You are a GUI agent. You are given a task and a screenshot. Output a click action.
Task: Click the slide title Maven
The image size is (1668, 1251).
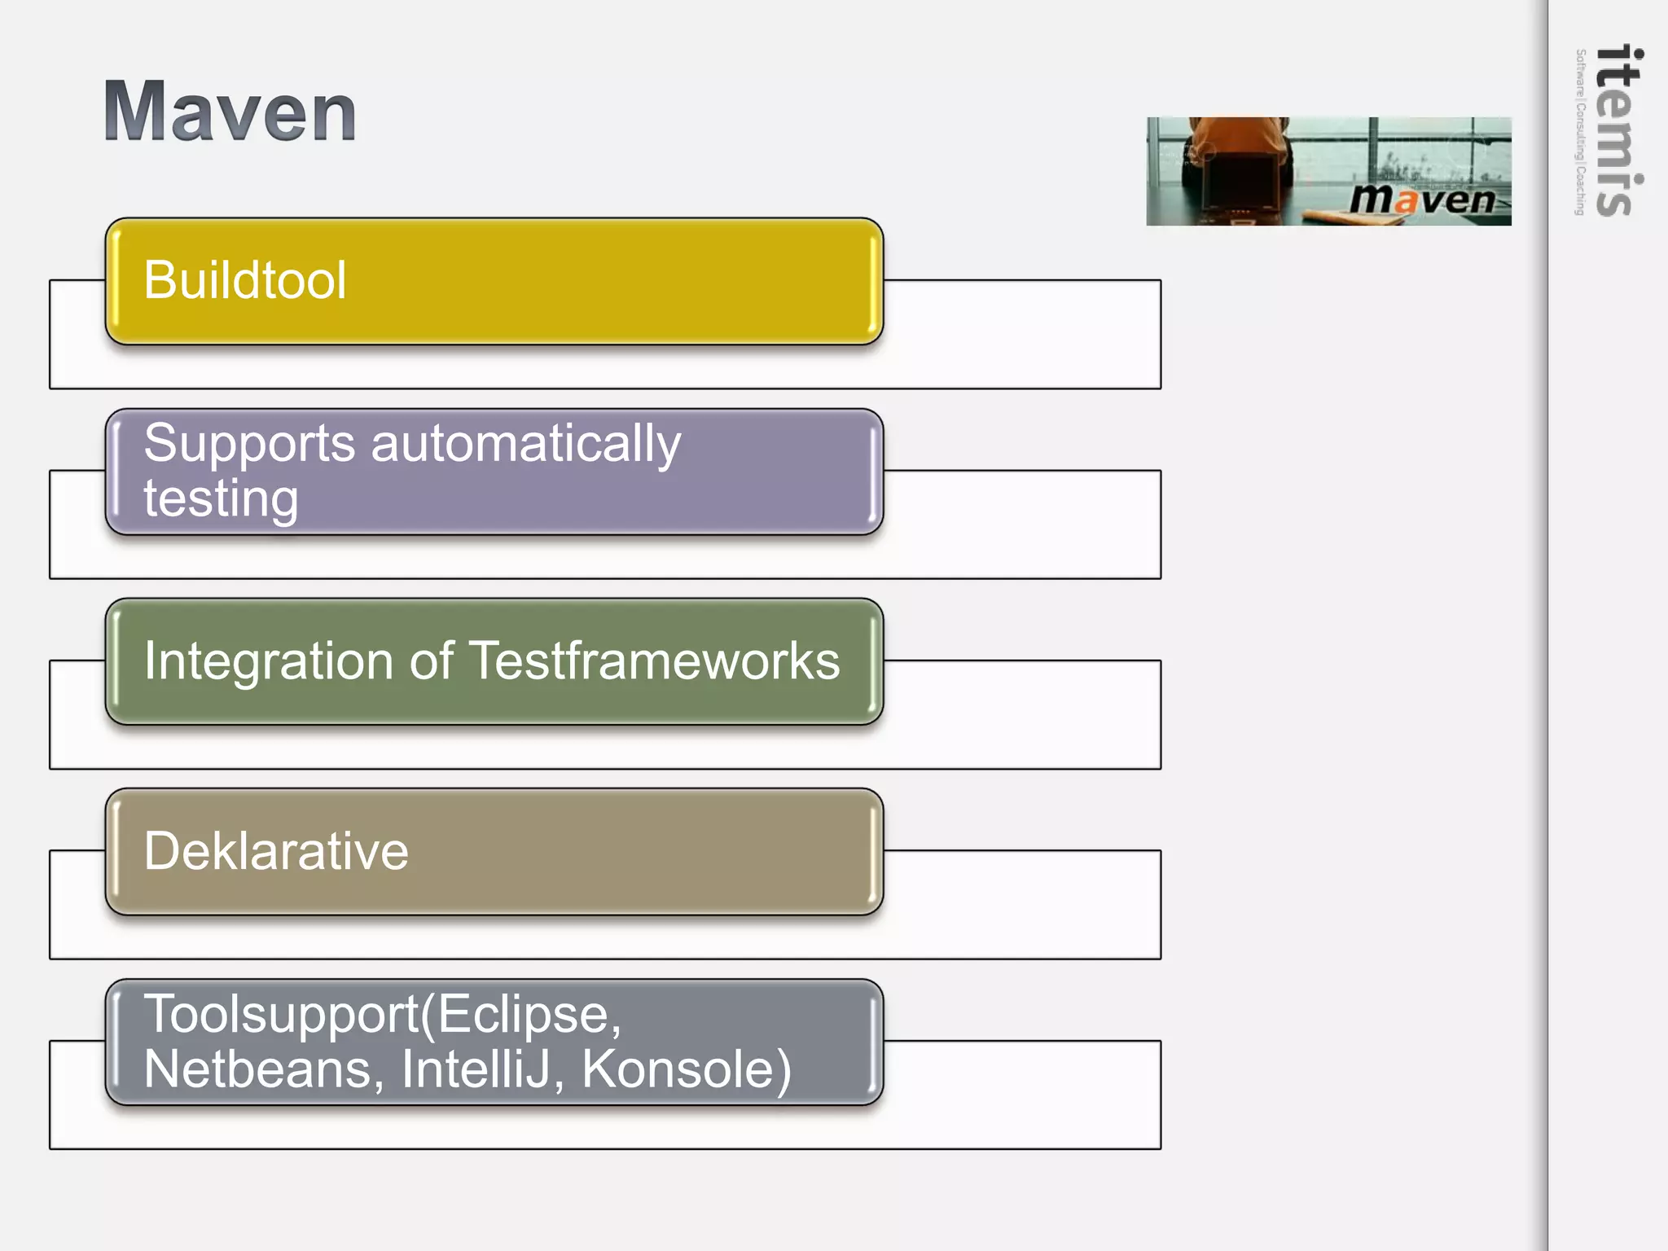click(230, 112)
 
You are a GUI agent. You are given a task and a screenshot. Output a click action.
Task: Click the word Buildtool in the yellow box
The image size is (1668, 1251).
click(245, 280)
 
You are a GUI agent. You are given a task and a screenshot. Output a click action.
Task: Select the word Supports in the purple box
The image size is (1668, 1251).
click(249, 445)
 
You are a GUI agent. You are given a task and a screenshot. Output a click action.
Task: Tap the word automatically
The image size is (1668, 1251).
click(526, 445)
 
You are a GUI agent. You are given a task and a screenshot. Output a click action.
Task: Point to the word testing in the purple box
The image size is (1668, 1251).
click(221, 498)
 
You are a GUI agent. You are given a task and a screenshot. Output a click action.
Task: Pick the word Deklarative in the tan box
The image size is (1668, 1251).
click(276, 851)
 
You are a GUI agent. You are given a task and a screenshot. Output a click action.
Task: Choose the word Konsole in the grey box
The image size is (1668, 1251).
click(685, 1069)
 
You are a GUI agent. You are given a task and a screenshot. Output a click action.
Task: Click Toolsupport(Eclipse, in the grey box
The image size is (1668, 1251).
click(382, 1015)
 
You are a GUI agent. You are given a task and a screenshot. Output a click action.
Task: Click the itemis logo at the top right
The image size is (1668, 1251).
click(1618, 130)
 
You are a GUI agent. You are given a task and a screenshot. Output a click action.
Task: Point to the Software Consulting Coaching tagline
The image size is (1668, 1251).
click(1580, 132)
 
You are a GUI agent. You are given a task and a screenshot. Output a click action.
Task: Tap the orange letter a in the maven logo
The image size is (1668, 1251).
click(1407, 200)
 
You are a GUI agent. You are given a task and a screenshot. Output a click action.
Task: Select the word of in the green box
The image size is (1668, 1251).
click(431, 661)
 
